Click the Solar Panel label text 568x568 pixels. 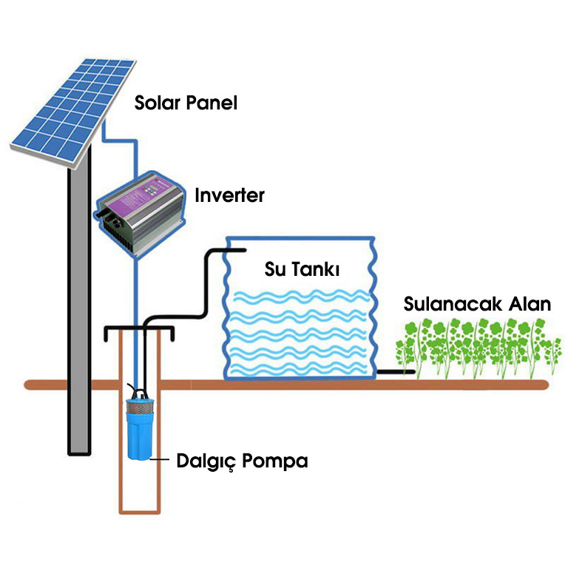tap(186, 103)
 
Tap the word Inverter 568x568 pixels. tap(229, 196)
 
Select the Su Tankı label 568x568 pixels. tap(302, 270)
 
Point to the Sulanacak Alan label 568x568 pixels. tap(477, 304)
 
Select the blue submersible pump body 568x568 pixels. tap(139, 436)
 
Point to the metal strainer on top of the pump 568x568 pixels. tap(138, 405)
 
